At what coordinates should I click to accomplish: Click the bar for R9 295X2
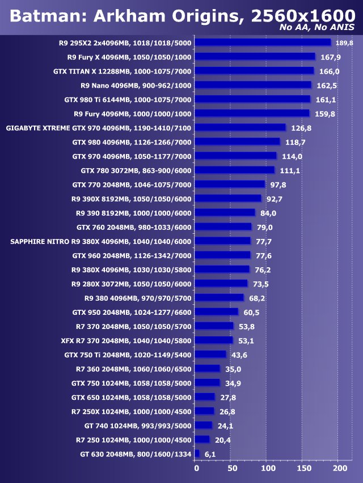click(x=263, y=42)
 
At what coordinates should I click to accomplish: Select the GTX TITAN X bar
click(x=254, y=71)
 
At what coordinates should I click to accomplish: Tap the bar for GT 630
click(x=197, y=454)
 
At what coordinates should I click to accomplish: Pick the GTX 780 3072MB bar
click(x=234, y=170)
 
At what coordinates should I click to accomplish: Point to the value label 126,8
click(x=302, y=128)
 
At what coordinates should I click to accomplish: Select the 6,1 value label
click(x=210, y=454)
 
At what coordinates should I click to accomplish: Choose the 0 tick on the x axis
click(x=196, y=469)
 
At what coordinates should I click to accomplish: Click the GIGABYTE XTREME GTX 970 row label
click(x=99, y=128)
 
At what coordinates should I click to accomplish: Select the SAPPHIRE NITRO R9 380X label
click(x=101, y=241)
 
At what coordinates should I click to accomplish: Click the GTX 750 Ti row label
click(x=128, y=354)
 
